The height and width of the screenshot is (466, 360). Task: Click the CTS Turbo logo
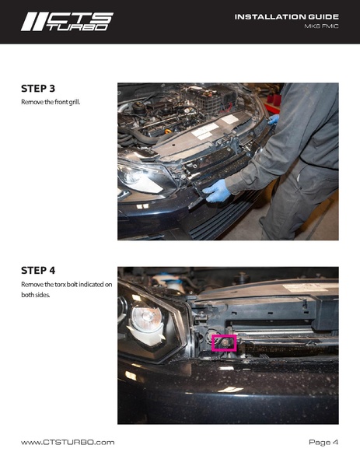(x=67, y=22)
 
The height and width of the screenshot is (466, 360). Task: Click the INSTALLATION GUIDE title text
(x=287, y=17)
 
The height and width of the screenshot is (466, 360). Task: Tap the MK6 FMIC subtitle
(x=321, y=26)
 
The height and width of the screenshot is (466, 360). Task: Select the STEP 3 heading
(x=38, y=89)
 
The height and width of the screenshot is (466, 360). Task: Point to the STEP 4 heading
(x=38, y=271)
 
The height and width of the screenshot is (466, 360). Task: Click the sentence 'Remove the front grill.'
(x=51, y=102)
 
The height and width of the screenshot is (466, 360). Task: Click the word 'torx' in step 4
(x=60, y=285)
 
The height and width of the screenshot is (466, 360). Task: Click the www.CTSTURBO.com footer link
(x=68, y=442)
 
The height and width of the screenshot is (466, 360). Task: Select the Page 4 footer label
(x=323, y=442)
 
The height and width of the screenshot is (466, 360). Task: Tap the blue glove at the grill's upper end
(x=274, y=119)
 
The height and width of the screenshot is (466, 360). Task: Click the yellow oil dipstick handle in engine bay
(x=168, y=131)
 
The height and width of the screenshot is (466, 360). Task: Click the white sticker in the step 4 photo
(x=310, y=287)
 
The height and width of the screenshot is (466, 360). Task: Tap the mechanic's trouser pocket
(x=299, y=177)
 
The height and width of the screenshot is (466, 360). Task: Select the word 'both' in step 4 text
(x=27, y=295)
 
